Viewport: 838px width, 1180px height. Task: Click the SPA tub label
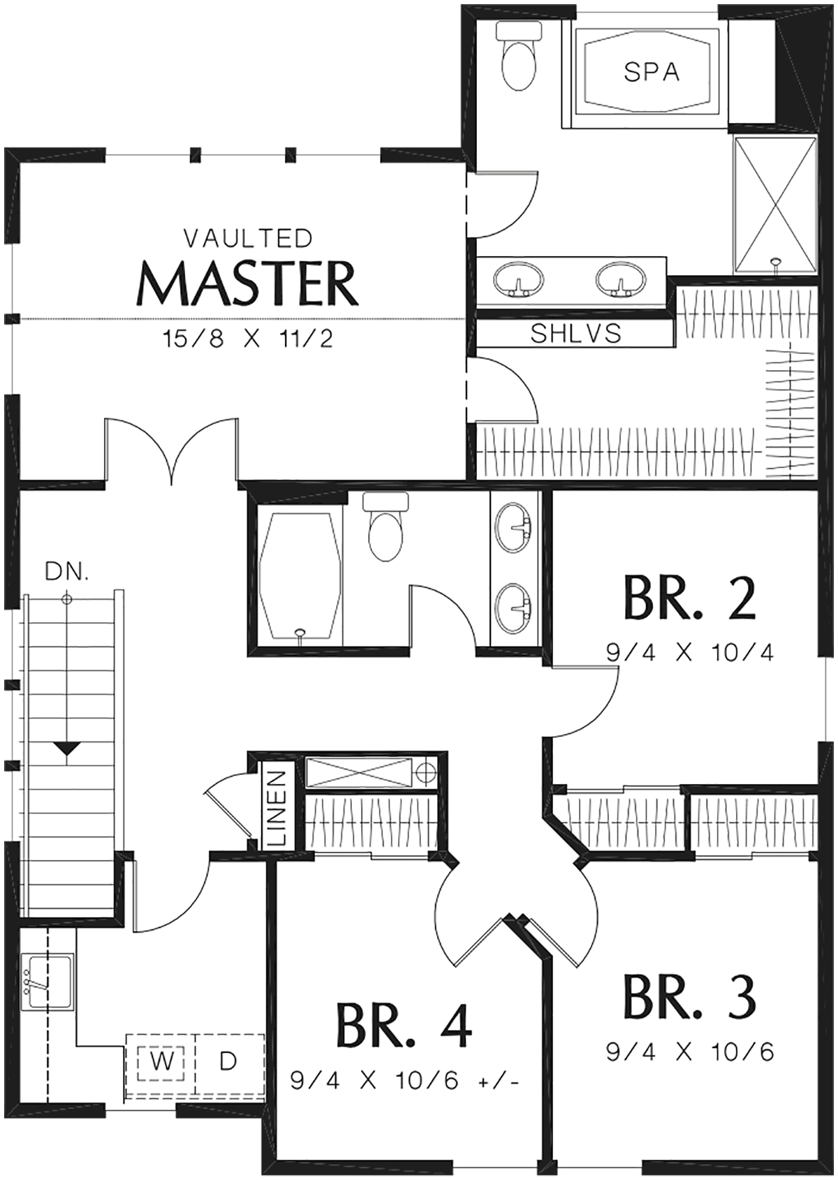(652, 72)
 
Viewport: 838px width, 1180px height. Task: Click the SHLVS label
(575, 334)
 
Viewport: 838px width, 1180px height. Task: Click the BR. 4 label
(403, 1025)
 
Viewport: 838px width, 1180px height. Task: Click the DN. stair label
(66, 572)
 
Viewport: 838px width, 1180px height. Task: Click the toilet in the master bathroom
(520, 55)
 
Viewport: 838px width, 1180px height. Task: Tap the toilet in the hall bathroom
(386, 526)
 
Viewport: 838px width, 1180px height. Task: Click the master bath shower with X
(775, 205)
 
